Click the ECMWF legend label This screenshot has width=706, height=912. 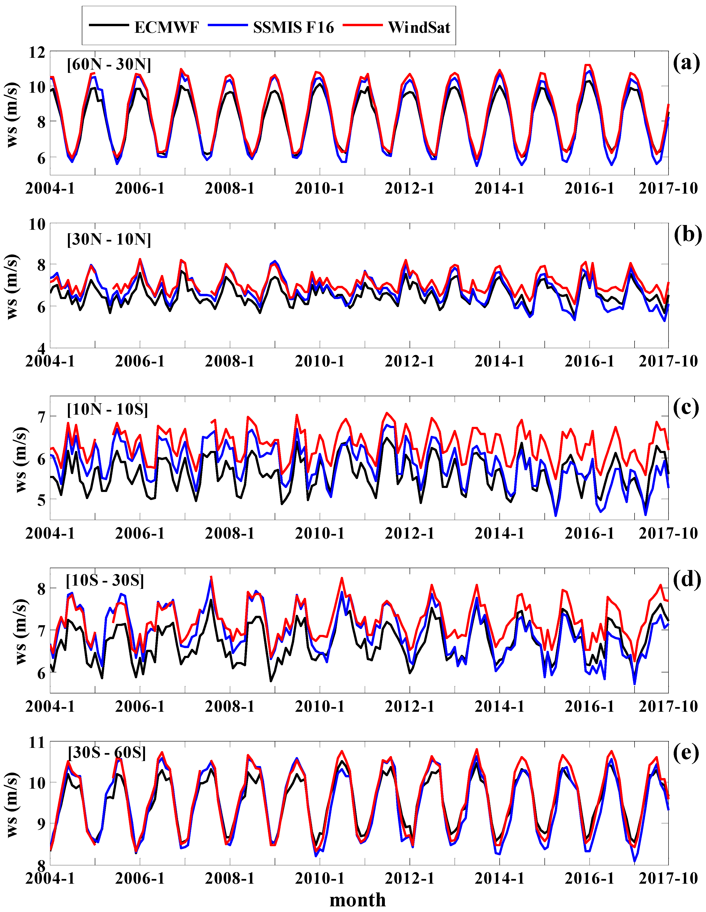[166, 28]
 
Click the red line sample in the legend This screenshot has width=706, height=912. [362, 25]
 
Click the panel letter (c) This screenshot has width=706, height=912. [686, 408]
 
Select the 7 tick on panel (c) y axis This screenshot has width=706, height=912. [41, 417]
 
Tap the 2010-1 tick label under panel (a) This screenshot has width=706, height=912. [320, 189]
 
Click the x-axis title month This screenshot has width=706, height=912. [357, 900]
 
